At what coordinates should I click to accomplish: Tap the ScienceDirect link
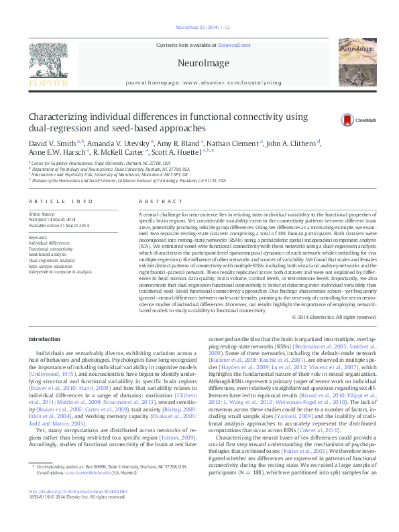234,44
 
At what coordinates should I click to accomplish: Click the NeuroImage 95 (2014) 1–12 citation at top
199,27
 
